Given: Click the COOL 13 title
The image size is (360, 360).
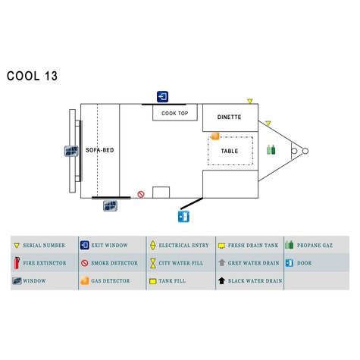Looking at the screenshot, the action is click(x=32, y=76).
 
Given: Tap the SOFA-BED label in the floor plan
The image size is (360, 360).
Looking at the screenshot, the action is click(x=100, y=150).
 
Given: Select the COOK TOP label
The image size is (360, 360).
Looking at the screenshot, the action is click(x=175, y=114).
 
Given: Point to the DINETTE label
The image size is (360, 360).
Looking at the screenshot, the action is click(x=230, y=117).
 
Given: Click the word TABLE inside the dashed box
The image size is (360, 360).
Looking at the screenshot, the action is click(x=230, y=151).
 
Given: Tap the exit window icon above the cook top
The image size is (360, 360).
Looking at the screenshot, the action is click(x=162, y=96).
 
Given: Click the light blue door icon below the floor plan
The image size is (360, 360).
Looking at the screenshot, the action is click(x=183, y=217).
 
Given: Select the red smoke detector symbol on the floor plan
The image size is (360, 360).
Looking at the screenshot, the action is click(x=141, y=194).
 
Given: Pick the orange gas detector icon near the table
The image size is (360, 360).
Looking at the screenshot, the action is click(x=215, y=136).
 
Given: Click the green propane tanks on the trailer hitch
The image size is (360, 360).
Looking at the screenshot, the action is click(x=271, y=150).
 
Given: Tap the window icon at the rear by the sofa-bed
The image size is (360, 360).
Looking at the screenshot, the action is click(x=71, y=151).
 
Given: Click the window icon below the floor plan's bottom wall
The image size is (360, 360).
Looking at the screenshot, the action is click(x=110, y=205).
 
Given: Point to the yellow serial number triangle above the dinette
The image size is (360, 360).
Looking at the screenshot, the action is click(x=250, y=101).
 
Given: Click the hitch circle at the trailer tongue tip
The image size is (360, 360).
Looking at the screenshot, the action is click(x=305, y=151).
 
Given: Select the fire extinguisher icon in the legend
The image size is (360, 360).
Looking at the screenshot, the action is click(x=17, y=263).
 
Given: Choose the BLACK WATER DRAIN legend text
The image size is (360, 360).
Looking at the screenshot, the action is click(x=255, y=281).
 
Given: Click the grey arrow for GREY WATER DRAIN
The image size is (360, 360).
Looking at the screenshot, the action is click(x=222, y=262).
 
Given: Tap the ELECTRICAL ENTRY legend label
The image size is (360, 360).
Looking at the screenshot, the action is click(x=184, y=246).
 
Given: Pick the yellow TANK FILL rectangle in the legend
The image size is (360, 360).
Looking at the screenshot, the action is click(x=153, y=281).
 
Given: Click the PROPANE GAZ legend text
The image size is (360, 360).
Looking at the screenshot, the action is click(x=315, y=246).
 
